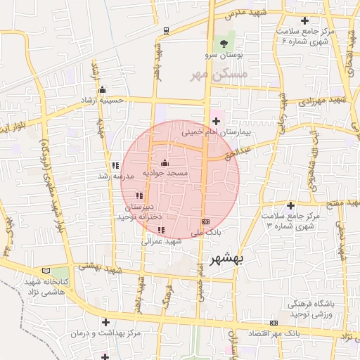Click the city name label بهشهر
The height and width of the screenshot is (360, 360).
(x=226, y=259)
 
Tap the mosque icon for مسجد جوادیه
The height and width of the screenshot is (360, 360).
(x=165, y=163)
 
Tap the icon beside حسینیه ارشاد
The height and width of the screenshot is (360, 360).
(x=103, y=90)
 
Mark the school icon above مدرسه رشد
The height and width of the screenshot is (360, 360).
(x=115, y=166)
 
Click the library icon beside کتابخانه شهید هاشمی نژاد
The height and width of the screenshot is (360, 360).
(x=46, y=271)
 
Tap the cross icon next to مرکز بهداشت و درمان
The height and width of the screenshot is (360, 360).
(x=105, y=322)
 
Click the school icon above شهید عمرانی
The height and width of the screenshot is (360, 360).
(x=161, y=230)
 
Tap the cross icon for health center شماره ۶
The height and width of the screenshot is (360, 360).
(x=304, y=21)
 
